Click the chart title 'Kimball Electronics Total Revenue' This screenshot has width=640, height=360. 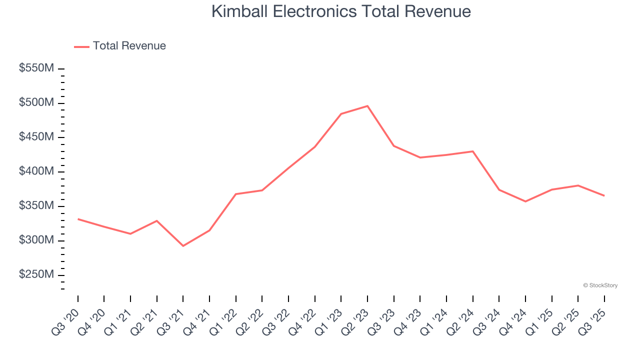click(341, 11)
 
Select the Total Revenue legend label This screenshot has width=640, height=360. click(129, 46)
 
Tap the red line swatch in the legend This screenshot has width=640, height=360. click(81, 46)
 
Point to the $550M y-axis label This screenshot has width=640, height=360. click(36, 68)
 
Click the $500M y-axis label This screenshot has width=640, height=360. click(36, 103)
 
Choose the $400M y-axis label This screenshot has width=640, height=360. click(36, 171)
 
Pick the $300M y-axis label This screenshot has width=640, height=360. click(36, 240)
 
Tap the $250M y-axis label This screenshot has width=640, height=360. click(36, 275)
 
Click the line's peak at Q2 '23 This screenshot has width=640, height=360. click(367, 106)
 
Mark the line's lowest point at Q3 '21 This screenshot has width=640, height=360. click(183, 246)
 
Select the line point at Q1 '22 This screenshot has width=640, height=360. click(236, 194)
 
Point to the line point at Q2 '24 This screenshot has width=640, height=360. click(472, 151)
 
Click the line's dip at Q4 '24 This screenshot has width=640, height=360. click(525, 201)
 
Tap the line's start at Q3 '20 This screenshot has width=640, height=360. click(78, 219)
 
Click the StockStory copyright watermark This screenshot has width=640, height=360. click(600, 285)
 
